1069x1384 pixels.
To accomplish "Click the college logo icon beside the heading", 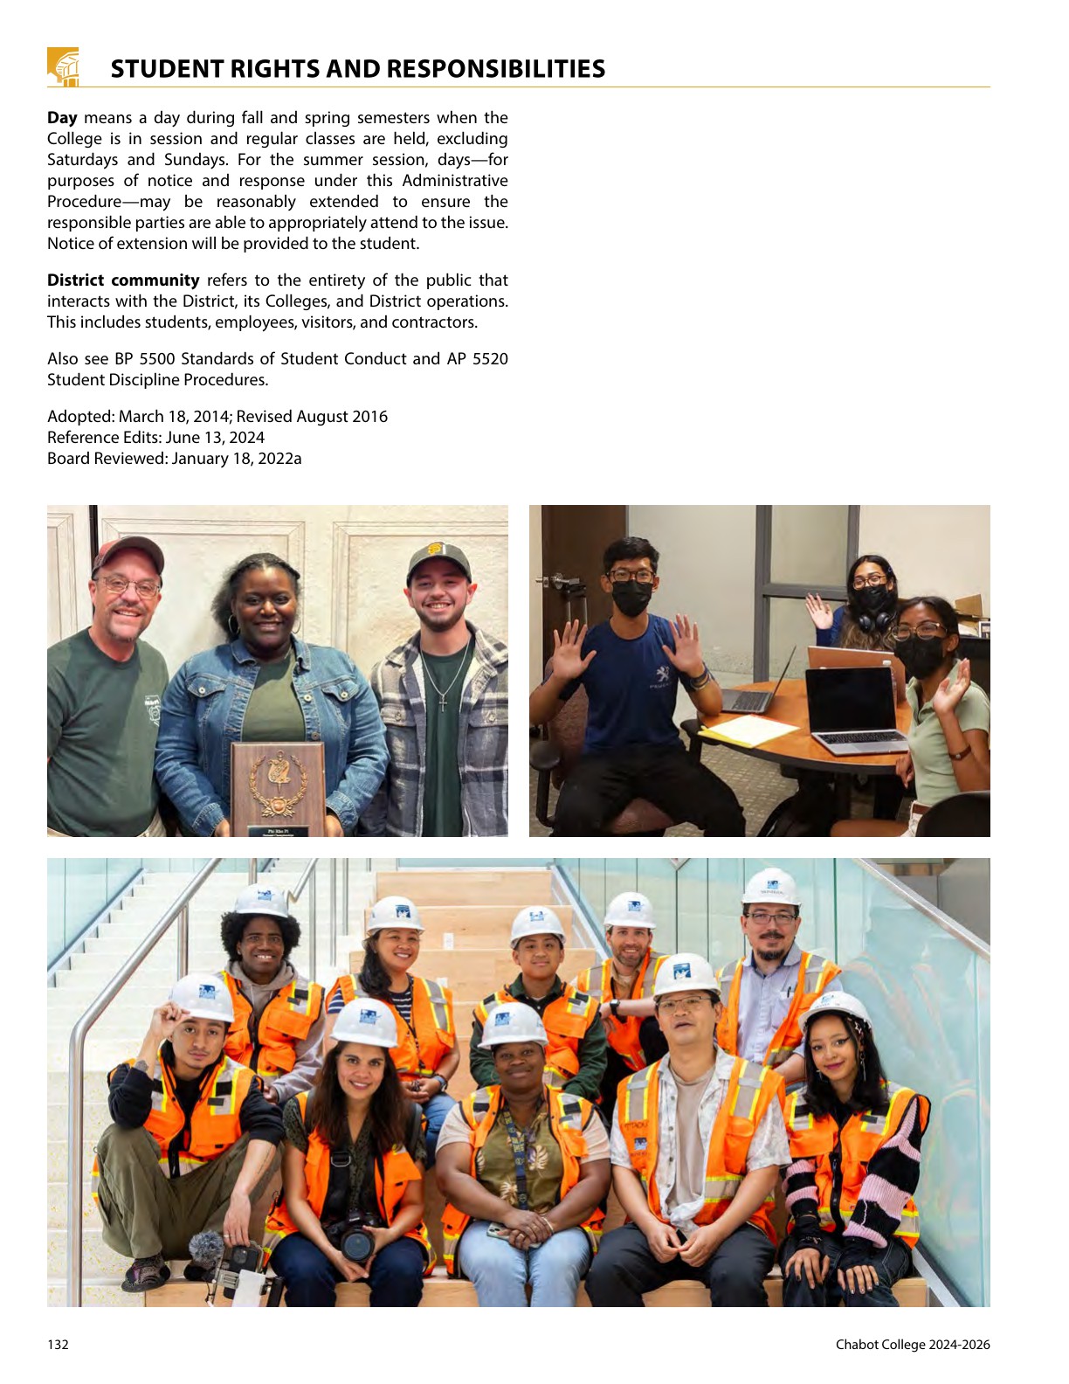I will click(x=63, y=67).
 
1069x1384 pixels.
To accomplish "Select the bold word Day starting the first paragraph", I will click(x=62, y=118).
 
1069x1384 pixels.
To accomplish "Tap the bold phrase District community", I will click(x=123, y=280).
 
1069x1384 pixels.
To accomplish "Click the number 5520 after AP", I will click(x=490, y=359).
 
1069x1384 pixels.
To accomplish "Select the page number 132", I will click(x=58, y=1345).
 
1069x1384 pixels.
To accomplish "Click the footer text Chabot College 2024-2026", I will click(x=913, y=1345).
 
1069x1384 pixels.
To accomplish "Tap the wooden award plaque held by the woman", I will click(x=277, y=788).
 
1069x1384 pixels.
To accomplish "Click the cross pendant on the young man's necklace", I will click(x=443, y=702).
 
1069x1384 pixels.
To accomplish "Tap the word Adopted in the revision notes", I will click(x=79, y=417).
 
